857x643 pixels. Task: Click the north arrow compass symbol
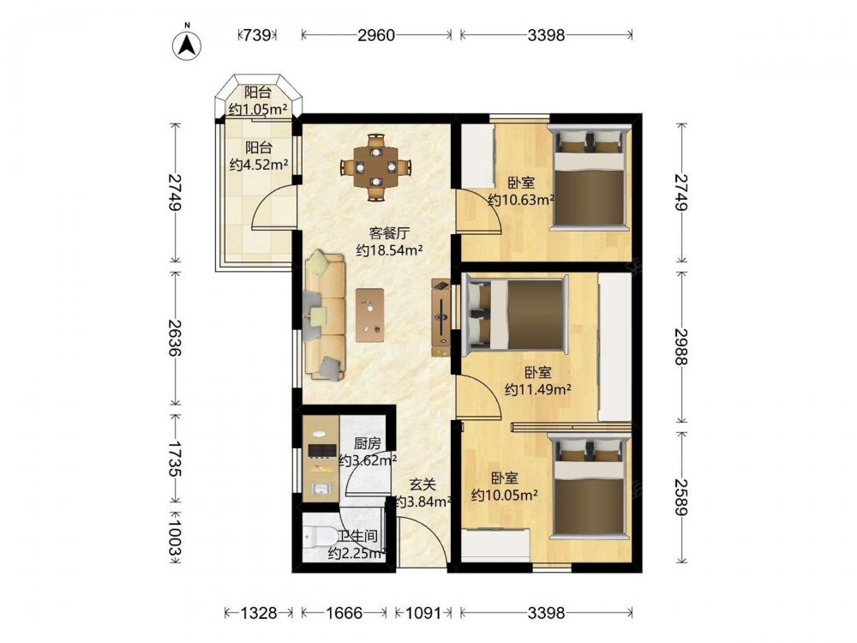point(187,45)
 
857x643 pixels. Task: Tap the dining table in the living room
point(375,167)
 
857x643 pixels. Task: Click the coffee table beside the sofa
point(370,315)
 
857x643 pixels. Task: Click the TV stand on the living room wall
point(441,318)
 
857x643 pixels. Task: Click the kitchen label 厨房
point(367,443)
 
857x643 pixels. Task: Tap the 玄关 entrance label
point(423,484)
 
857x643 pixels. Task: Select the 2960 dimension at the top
point(376,35)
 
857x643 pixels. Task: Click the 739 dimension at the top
point(257,35)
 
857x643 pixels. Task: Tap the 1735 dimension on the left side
point(175,460)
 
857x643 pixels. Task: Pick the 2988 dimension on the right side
point(681,346)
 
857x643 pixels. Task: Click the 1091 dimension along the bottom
point(423,613)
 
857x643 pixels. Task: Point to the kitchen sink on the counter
point(321,489)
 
